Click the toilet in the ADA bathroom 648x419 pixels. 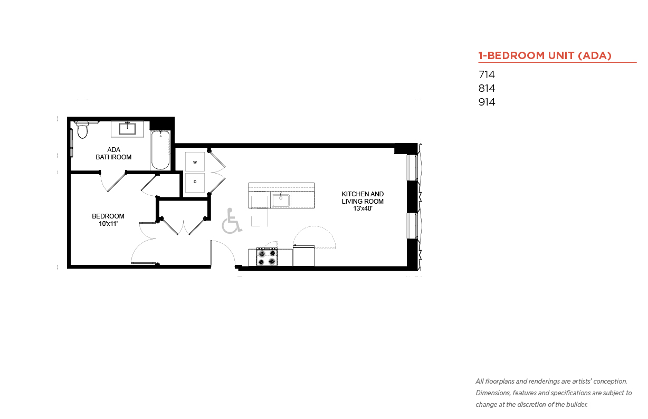(82, 130)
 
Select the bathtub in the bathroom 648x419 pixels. (160, 150)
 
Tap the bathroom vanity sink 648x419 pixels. (128, 128)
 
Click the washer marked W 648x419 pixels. (195, 161)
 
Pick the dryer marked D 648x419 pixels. (195, 182)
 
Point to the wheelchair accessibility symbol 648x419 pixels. (231, 221)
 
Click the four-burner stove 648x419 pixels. (266, 257)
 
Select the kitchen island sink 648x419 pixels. (280, 201)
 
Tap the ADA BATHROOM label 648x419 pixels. (113, 154)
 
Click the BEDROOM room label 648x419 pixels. (108, 216)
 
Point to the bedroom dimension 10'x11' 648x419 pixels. (108, 224)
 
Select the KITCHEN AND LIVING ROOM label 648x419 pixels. (363, 197)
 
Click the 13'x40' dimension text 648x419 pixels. (363, 209)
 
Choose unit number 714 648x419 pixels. (487, 75)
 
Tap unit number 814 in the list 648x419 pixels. (487, 89)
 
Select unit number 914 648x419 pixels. (487, 102)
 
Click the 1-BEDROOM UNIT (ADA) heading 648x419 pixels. (545, 55)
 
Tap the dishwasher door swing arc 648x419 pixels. (315, 235)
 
